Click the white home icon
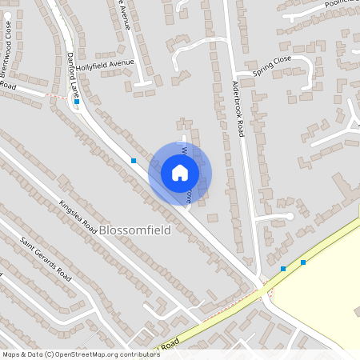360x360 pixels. pos(180,172)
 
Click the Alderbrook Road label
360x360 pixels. pos(237,108)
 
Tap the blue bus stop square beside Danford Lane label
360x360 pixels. pos(77,102)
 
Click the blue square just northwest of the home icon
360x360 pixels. pos(134,161)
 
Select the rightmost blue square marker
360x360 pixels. pos(303,262)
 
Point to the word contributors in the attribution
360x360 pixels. pos(137,354)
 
